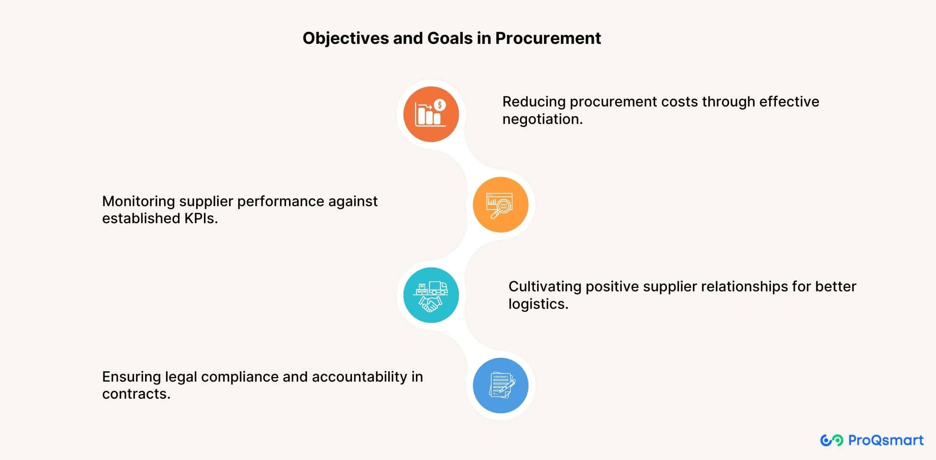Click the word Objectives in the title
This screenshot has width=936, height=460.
pyautogui.click(x=346, y=38)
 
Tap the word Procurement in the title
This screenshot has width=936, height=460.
pyautogui.click(x=548, y=38)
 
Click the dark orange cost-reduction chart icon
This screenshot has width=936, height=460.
pyautogui.click(x=431, y=114)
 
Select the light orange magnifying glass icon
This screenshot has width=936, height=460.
pyautogui.click(x=500, y=205)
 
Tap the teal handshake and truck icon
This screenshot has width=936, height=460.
pyautogui.click(x=431, y=295)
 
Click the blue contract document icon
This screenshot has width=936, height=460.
pyautogui.click(x=500, y=385)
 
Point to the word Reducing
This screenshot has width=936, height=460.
pyautogui.click(x=534, y=102)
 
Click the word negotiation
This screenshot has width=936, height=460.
pyautogui.click(x=542, y=119)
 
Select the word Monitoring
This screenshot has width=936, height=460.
pyautogui.click(x=138, y=201)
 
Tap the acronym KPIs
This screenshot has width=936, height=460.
pyautogui.click(x=200, y=218)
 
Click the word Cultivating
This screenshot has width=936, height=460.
pyautogui.click(x=545, y=287)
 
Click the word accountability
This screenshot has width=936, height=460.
pyautogui.click(x=359, y=377)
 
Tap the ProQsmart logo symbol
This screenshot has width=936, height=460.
pyautogui.click(x=831, y=440)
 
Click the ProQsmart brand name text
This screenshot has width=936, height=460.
pyautogui.click(x=886, y=440)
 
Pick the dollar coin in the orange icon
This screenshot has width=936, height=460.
pyautogui.click(x=440, y=105)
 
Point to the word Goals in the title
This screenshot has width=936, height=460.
pyautogui.click(x=450, y=38)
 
